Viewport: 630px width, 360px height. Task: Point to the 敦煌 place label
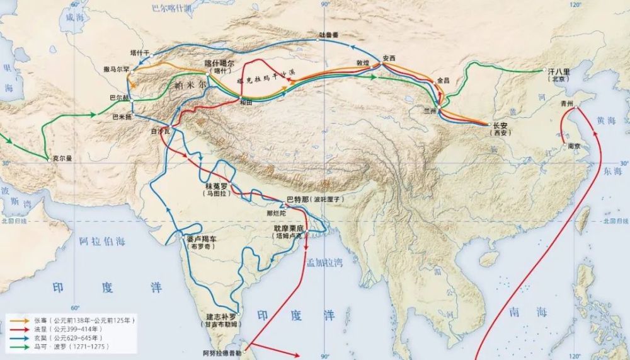[x=362, y=63]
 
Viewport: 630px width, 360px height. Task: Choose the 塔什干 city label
[x=140, y=52]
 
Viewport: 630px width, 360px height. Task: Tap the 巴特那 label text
[x=298, y=199]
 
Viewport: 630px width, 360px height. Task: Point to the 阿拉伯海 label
[x=102, y=241]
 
